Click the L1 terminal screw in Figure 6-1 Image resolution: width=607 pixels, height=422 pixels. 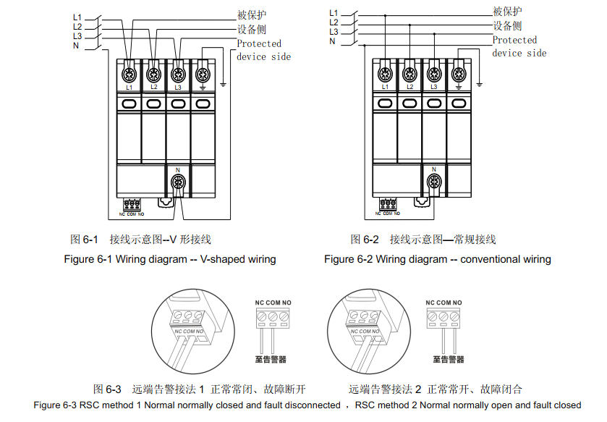(130, 73)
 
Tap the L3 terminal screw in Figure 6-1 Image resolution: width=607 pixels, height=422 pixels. (177, 73)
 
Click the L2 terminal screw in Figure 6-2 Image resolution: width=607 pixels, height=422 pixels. (409, 73)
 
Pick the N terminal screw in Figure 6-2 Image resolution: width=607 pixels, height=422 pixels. (434, 181)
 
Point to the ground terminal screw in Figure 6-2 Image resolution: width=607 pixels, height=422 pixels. (458, 73)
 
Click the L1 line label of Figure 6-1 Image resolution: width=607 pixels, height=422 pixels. (77, 17)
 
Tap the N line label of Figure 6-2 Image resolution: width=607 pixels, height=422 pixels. (333, 41)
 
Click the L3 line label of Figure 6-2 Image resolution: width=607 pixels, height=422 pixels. (334, 32)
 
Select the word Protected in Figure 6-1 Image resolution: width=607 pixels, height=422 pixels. (259, 43)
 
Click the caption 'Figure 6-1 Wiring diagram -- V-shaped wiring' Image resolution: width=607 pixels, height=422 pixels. (170, 259)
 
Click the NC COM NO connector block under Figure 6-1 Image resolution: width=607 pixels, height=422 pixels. (132, 205)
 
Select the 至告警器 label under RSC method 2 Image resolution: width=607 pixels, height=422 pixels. (449, 359)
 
